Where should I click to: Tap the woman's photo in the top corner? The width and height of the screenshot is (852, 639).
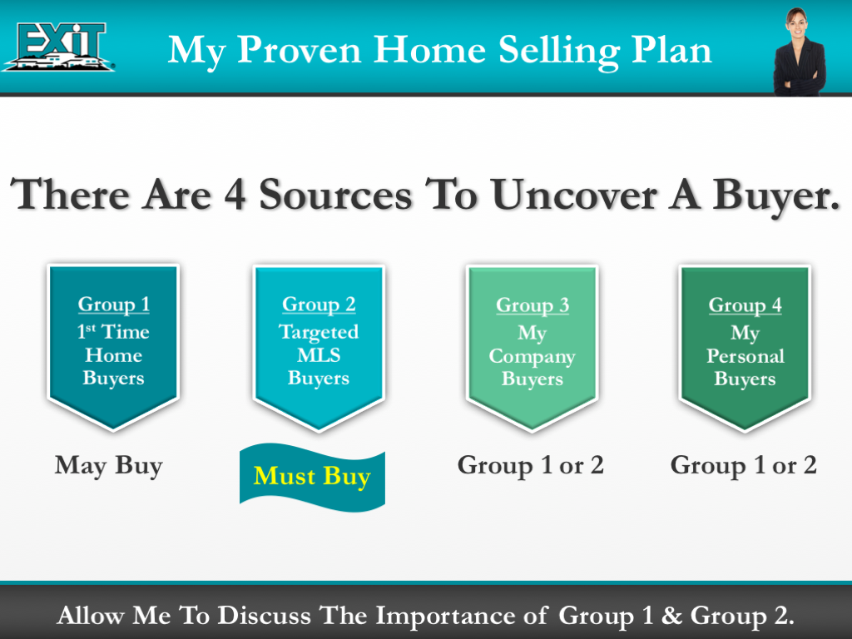point(797,52)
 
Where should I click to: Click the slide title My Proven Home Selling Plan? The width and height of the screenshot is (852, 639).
point(439,50)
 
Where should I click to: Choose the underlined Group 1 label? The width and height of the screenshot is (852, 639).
point(114,305)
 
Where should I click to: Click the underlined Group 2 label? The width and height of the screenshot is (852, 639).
point(319,305)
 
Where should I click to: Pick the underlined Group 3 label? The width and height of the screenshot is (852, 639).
point(532,305)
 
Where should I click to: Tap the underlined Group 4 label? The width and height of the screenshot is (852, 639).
point(745,305)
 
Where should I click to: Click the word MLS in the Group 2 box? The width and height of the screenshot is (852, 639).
point(319,355)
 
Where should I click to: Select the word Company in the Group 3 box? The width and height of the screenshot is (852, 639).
point(532,357)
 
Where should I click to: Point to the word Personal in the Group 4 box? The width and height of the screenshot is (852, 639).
point(745,357)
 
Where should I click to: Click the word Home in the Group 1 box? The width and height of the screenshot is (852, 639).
point(114,355)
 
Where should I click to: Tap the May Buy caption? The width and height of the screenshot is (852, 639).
point(108,466)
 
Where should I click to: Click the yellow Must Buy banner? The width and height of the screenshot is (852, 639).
point(312,477)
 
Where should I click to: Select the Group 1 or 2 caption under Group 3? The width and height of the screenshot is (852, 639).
point(530,466)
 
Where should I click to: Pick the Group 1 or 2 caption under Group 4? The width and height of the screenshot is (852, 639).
point(743,466)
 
